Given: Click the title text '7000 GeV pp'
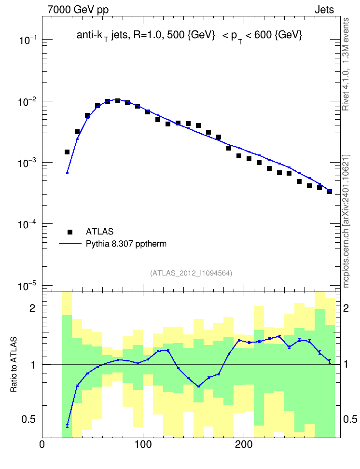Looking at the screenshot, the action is (78, 10).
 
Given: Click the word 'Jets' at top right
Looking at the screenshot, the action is (324, 10).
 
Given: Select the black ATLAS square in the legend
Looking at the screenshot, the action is (70, 232).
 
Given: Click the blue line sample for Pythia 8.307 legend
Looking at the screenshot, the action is (70, 244).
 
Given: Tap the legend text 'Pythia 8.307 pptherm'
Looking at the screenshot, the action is (126, 244).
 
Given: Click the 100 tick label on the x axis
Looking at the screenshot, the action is (143, 444).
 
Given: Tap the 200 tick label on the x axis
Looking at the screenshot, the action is (244, 444).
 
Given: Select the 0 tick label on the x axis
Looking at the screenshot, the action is (42, 444).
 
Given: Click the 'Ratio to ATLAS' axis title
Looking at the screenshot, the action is (14, 365).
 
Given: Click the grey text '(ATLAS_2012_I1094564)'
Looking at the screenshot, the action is (191, 273).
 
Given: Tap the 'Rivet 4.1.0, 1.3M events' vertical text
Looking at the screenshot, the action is (346, 64).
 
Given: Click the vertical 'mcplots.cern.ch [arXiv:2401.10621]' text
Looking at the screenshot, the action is (346, 221).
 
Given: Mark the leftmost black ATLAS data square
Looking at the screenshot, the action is (67, 152).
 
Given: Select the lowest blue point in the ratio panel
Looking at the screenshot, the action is (68, 426).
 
